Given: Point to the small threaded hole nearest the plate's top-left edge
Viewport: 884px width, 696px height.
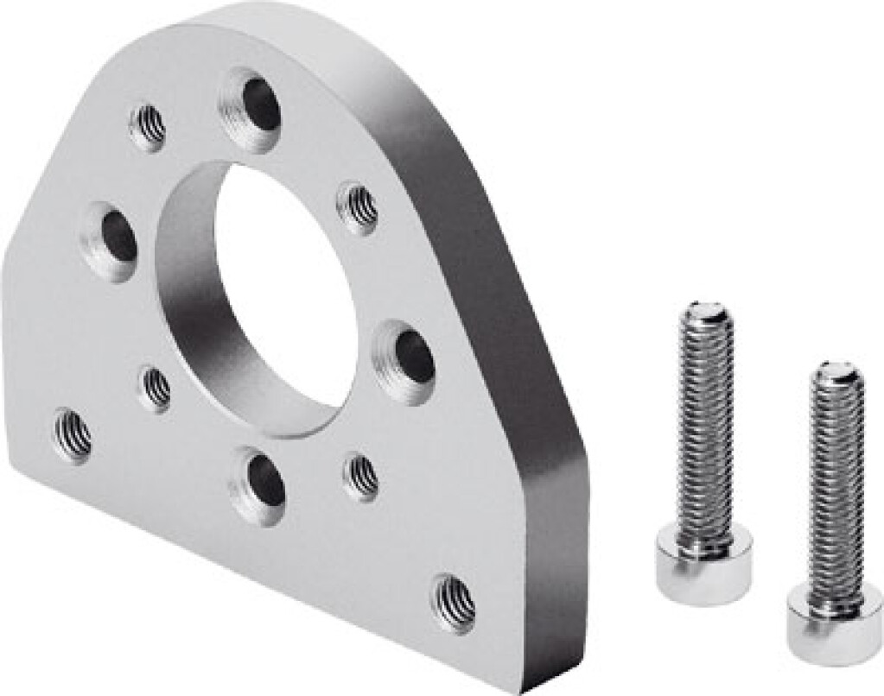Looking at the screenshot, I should click(x=149, y=128).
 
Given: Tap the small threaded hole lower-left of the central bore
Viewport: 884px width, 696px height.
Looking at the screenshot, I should click(x=156, y=388).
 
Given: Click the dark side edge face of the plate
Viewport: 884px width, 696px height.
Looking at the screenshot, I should click(x=510, y=345).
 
